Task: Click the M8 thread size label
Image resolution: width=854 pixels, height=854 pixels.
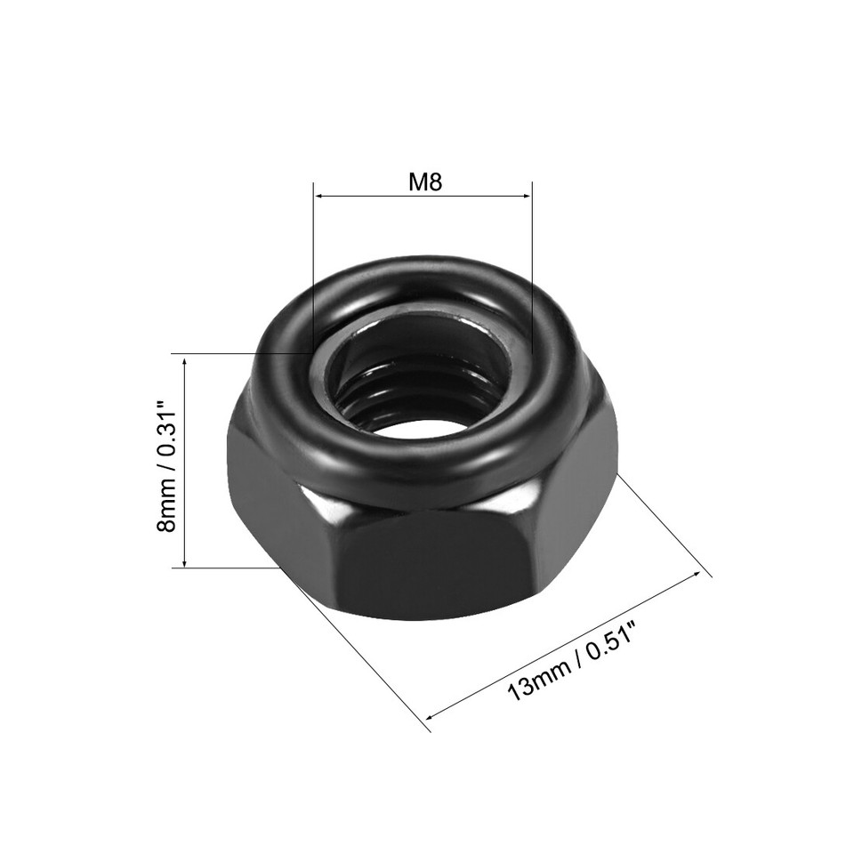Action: click(x=424, y=181)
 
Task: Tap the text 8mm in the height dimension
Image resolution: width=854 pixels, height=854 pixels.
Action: click(x=165, y=511)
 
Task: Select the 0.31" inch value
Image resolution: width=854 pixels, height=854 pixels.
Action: click(x=165, y=431)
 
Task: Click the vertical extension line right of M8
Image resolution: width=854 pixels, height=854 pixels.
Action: click(x=531, y=267)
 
